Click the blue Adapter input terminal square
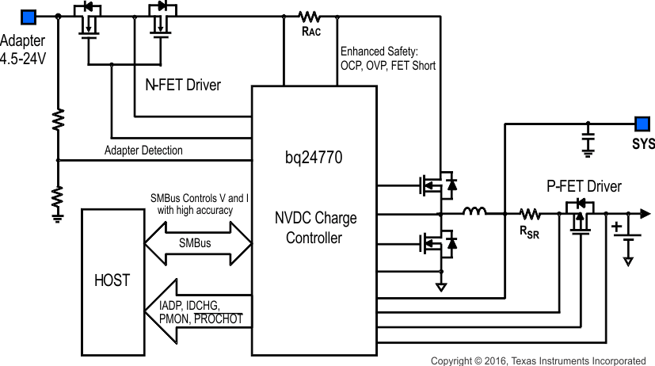29,16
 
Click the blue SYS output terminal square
642,124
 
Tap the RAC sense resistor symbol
309,16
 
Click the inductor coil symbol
474,212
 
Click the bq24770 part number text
314,158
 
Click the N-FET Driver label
183,85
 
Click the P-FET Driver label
584,187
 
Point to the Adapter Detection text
143,151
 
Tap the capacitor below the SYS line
588,140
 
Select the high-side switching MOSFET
439,185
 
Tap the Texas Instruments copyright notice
538,360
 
